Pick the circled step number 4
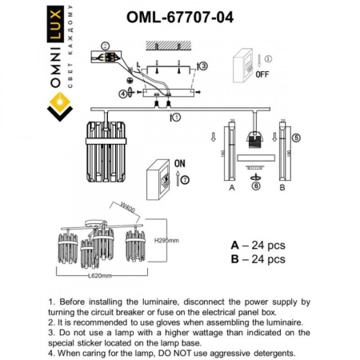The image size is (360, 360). (x=124, y=93)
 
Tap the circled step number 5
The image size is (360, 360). (x=296, y=137)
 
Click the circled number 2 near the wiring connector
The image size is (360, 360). (x=105, y=47)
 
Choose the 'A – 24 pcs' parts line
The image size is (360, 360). (x=258, y=245)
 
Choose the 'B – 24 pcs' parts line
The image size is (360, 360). (x=258, y=259)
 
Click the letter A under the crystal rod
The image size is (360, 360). (x=231, y=190)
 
